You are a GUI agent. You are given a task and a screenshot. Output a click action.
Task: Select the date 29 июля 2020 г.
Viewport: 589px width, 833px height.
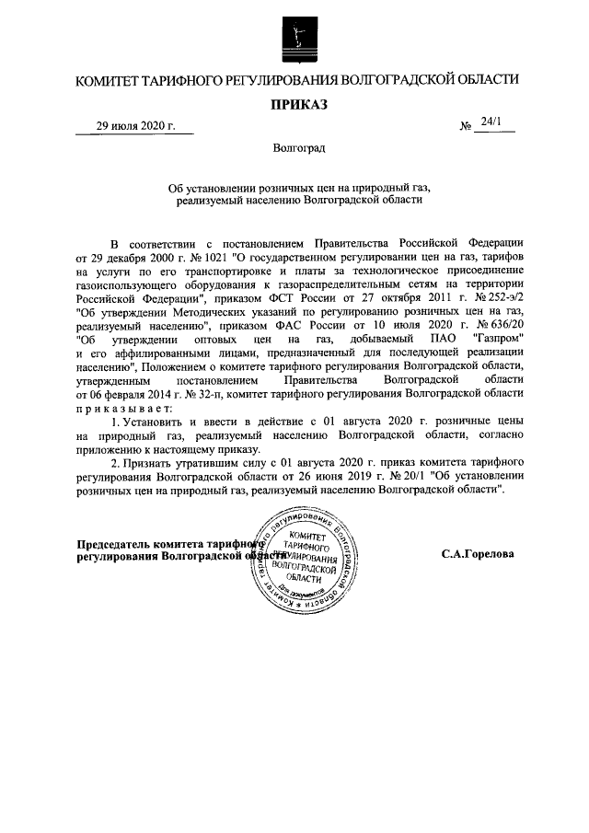tap(136, 126)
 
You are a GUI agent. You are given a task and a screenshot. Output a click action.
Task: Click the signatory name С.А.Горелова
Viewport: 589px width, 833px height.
tap(477, 554)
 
